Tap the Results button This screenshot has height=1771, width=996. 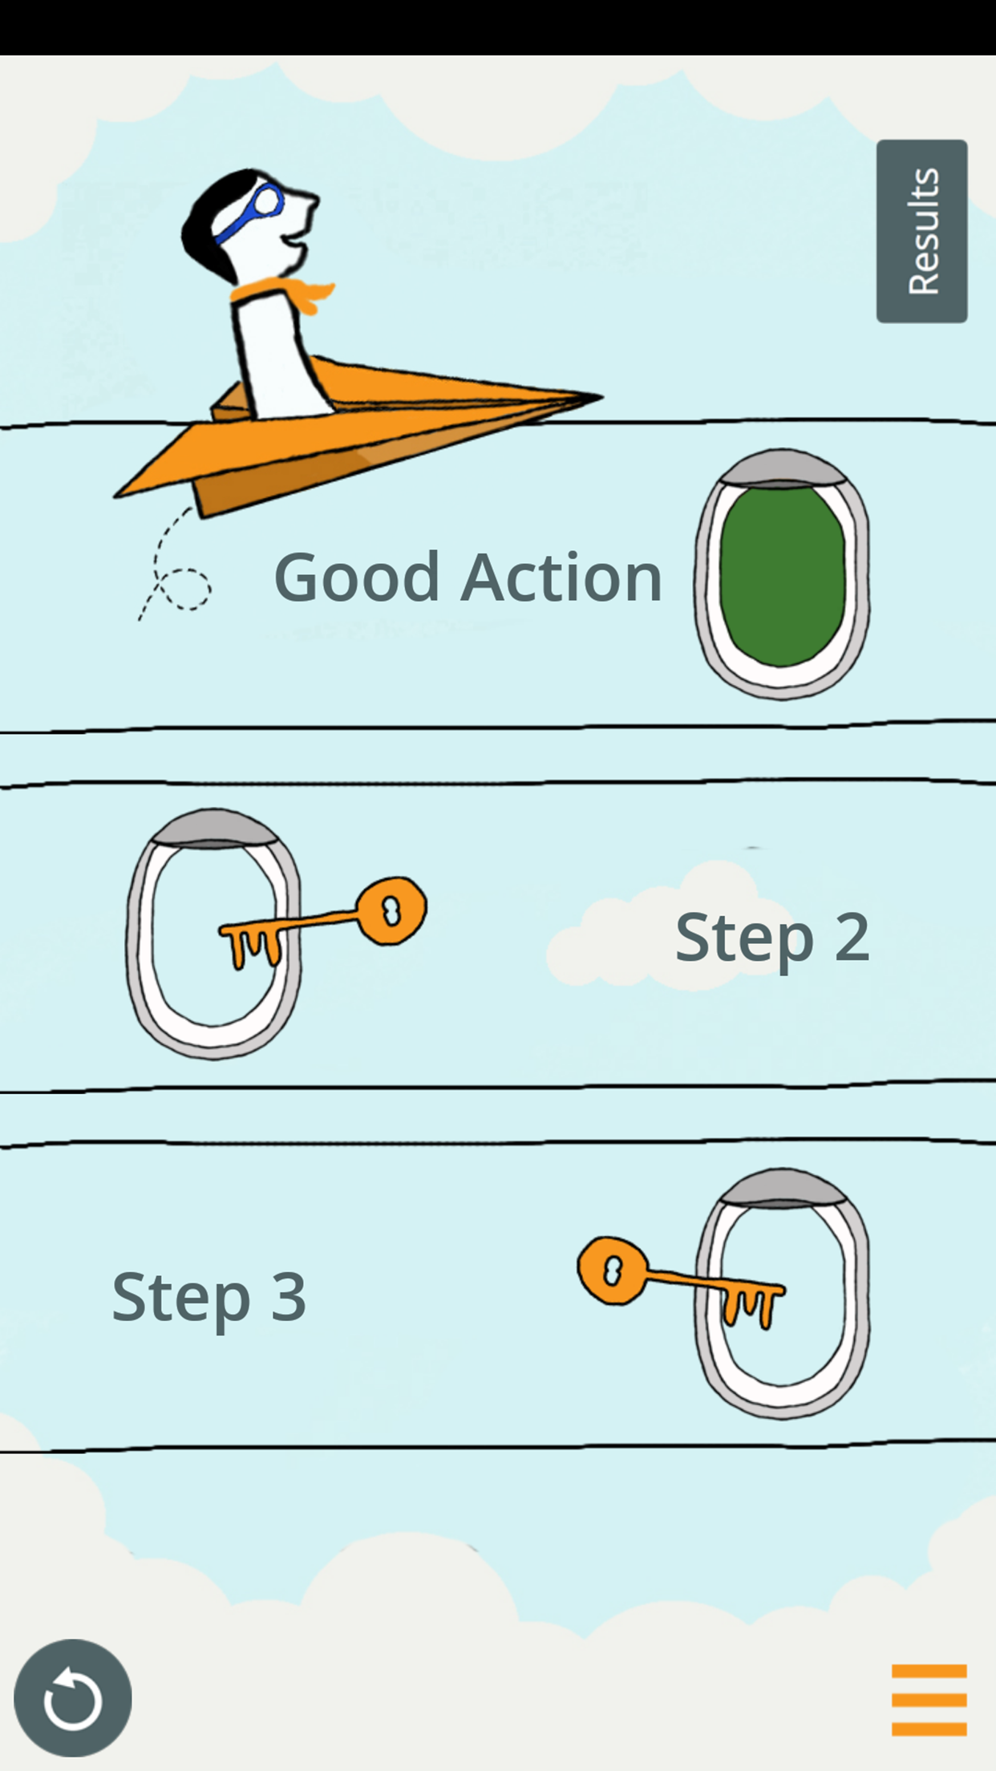(921, 231)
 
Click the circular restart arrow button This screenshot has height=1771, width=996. (73, 1698)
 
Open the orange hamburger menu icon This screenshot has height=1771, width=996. (929, 1700)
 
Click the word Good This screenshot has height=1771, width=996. (357, 577)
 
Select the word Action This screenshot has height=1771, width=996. (561, 577)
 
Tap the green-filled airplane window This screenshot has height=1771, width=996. (782, 576)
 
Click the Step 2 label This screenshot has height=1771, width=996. (772, 938)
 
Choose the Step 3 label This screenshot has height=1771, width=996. (209, 1297)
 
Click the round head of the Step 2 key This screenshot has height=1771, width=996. (391, 911)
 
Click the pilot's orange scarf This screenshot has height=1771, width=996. (289, 294)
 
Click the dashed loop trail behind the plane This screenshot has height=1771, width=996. (183, 589)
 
